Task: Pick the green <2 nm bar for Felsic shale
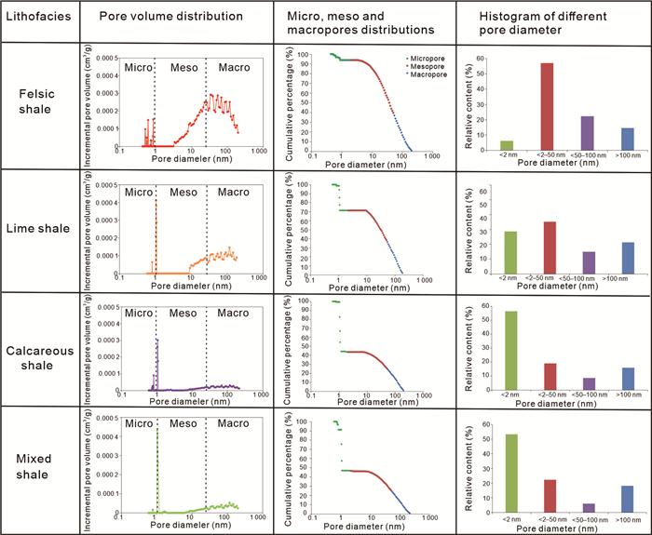click(508, 143)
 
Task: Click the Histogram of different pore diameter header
click(550, 25)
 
